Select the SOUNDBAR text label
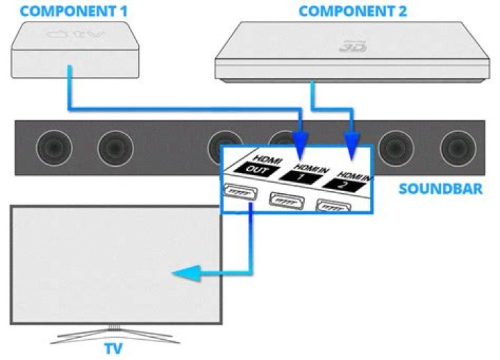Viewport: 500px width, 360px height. pyautogui.click(x=440, y=188)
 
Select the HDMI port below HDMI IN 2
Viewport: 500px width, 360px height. pyautogui.click(x=333, y=206)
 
